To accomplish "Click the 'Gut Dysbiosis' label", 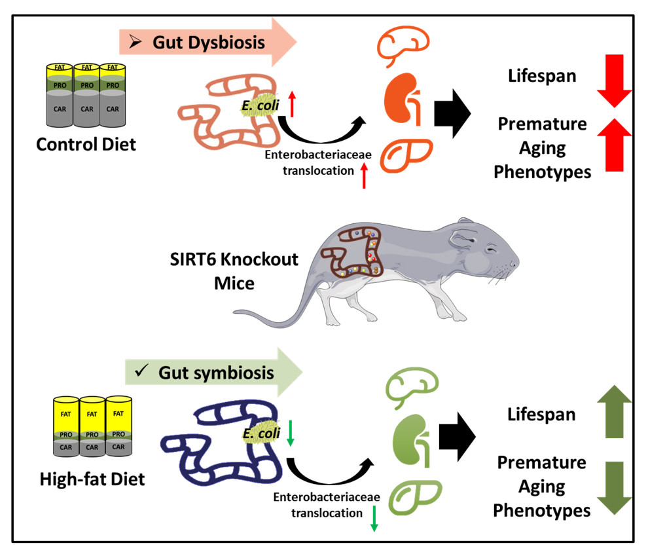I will tap(209, 43).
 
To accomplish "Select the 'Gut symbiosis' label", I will tap(216, 373).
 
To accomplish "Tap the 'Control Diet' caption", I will tap(86, 143).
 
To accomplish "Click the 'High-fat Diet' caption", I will tap(92, 479).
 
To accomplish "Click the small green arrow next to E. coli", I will tap(291, 434).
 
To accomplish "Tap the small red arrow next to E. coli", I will tap(293, 105).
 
